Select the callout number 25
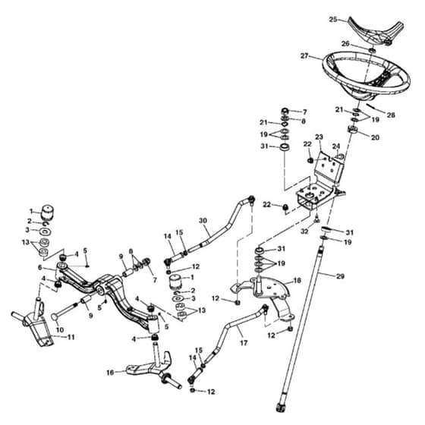[333, 20]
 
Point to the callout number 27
[304, 55]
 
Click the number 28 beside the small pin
[391, 115]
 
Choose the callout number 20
[375, 137]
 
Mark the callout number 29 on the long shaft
[340, 276]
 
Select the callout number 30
[203, 220]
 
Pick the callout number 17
[244, 343]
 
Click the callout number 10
[60, 329]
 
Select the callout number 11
[71, 337]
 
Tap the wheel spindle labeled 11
[34, 323]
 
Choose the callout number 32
[304, 231]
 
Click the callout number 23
[319, 137]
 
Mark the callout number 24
[336, 146]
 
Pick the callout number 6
[40, 267]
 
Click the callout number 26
[345, 43]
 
